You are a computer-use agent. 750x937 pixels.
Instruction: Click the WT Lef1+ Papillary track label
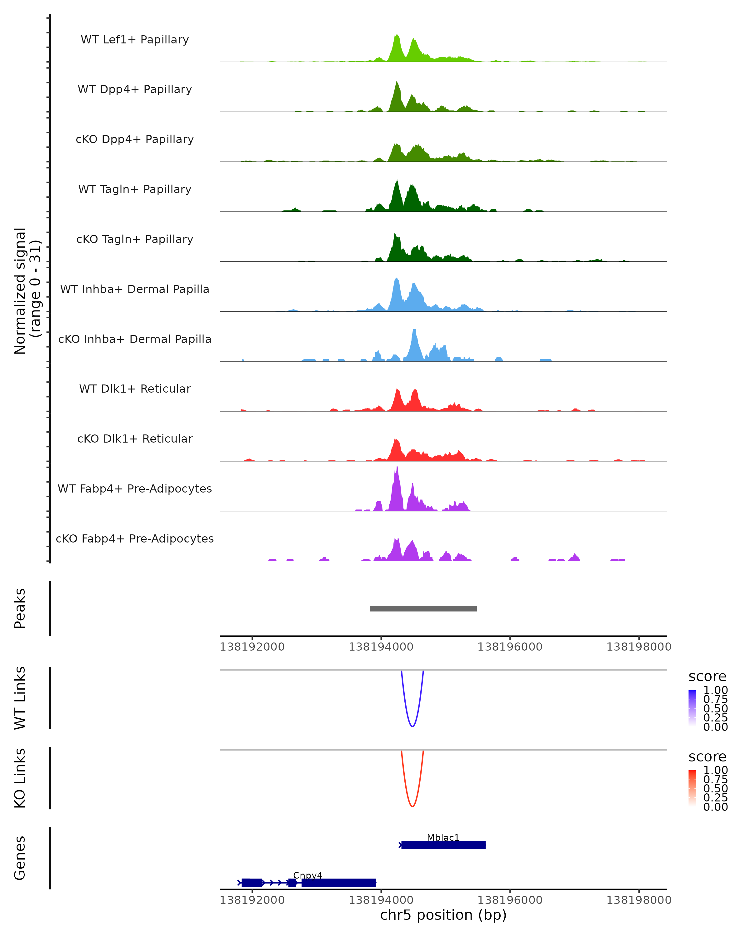(135, 40)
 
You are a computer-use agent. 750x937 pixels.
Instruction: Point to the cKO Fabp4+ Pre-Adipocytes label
(135, 538)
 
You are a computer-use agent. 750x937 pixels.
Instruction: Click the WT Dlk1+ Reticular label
(135, 389)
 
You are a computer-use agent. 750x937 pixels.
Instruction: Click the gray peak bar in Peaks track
(423, 608)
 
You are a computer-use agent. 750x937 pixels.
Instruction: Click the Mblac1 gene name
(443, 837)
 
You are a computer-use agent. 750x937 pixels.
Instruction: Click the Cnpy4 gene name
(308, 875)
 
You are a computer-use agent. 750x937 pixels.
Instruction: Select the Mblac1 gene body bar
(443, 845)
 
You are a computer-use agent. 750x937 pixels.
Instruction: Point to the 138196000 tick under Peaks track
(510, 647)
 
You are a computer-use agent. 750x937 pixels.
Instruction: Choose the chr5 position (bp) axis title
(443, 915)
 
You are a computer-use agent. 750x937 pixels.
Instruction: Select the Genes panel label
(20, 858)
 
